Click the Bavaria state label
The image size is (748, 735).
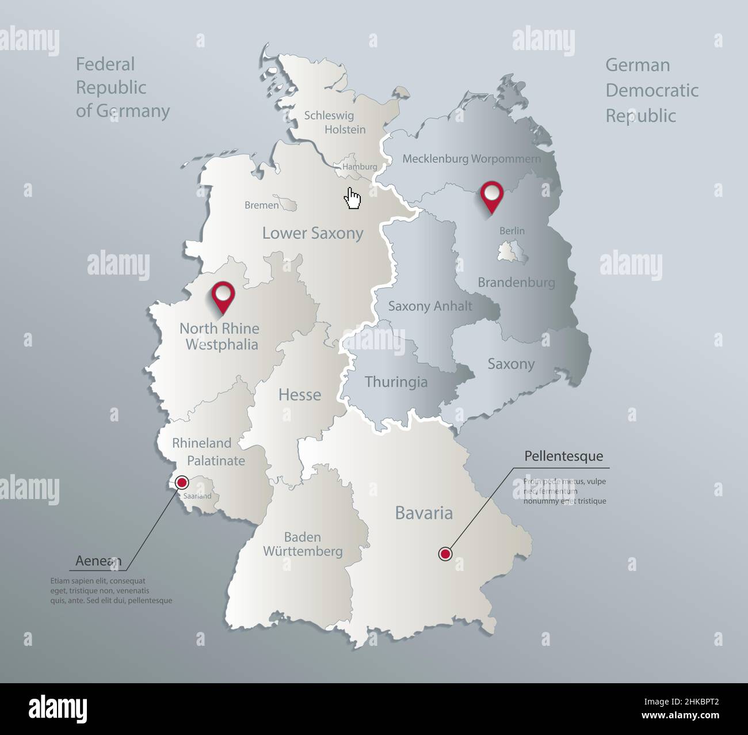pos(423,513)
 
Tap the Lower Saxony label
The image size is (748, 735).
pos(312,233)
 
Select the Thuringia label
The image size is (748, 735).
pos(396,382)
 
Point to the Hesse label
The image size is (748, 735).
pos(299,395)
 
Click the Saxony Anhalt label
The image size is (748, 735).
pos(430,306)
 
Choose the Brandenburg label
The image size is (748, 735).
pos(516,282)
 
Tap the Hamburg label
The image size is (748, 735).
pos(360,167)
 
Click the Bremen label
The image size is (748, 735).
pos(261,205)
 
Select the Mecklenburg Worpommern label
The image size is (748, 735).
pos(471,158)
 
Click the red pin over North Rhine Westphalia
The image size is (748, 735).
pos(223,296)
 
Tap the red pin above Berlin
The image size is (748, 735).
pos(491,196)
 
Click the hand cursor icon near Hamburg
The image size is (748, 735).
pos(352,198)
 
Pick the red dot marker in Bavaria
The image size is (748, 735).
pos(445,554)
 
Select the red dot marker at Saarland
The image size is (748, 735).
pos(182,482)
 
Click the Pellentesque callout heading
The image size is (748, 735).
pos(563,456)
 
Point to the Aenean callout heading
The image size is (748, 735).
pos(98,561)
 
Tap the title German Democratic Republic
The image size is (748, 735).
pos(651,90)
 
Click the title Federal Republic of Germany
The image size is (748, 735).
pos(123,87)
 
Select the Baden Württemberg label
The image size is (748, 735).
pos(303,544)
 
